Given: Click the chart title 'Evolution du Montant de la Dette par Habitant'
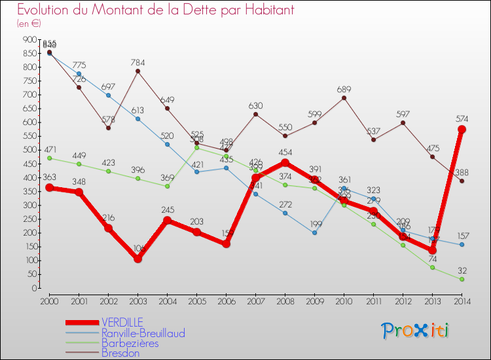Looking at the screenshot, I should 155,10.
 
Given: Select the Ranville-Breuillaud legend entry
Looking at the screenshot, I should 143,333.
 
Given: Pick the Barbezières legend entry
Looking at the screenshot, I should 130,343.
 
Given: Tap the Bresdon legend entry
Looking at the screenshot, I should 120,353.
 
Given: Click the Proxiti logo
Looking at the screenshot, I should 416,330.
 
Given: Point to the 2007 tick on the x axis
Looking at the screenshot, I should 255,300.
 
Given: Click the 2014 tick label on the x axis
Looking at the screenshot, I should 462,300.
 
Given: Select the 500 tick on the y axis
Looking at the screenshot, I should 29,150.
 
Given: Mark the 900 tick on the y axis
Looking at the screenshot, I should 29,39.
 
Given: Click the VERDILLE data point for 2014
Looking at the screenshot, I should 462,130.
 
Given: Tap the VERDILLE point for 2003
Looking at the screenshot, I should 137,259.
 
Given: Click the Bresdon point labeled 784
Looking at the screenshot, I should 137,71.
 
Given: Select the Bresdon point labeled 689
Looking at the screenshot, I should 344,98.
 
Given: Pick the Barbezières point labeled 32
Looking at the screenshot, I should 462,279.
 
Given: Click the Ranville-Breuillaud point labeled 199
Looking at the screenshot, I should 314,233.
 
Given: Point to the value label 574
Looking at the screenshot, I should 462,118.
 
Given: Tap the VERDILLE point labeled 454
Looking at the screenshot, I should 285,162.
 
